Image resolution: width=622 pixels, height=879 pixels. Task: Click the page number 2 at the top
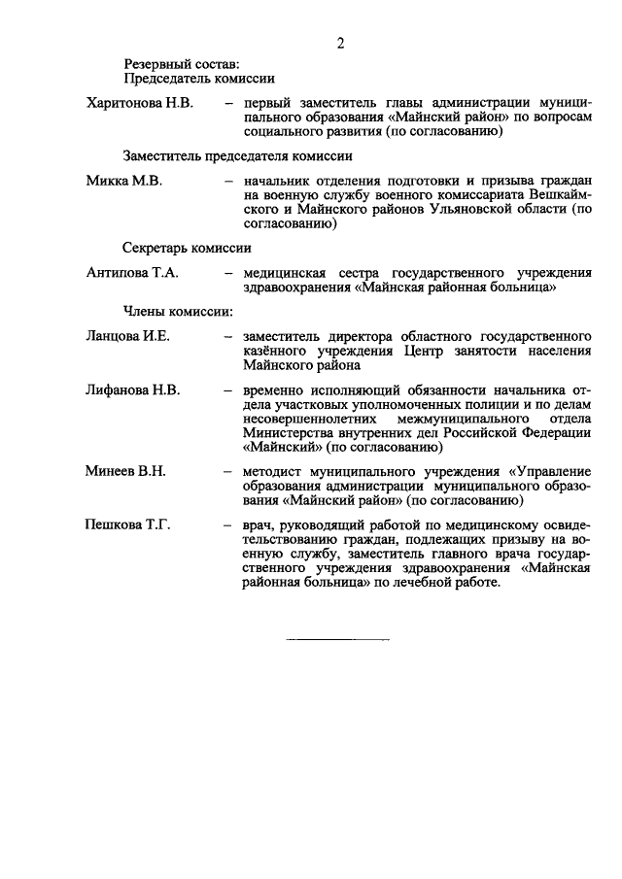[340, 42]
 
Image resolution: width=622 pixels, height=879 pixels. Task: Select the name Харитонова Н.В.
[140, 102]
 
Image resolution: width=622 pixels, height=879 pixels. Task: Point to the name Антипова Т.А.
[132, 274]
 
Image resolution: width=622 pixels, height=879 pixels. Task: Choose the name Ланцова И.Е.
[127, 336]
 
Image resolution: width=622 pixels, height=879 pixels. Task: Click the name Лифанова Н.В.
[132, 390]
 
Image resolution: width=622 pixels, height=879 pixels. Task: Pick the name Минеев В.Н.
[125, 472]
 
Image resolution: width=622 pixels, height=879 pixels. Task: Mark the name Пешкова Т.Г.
[128, 525]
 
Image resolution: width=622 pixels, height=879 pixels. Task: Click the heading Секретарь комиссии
[188, 248]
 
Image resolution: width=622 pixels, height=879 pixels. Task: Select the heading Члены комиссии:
[178, 311]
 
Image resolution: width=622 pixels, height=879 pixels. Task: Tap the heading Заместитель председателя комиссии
[237, 155]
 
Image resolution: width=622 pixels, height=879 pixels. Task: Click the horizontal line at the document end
[337, 640]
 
